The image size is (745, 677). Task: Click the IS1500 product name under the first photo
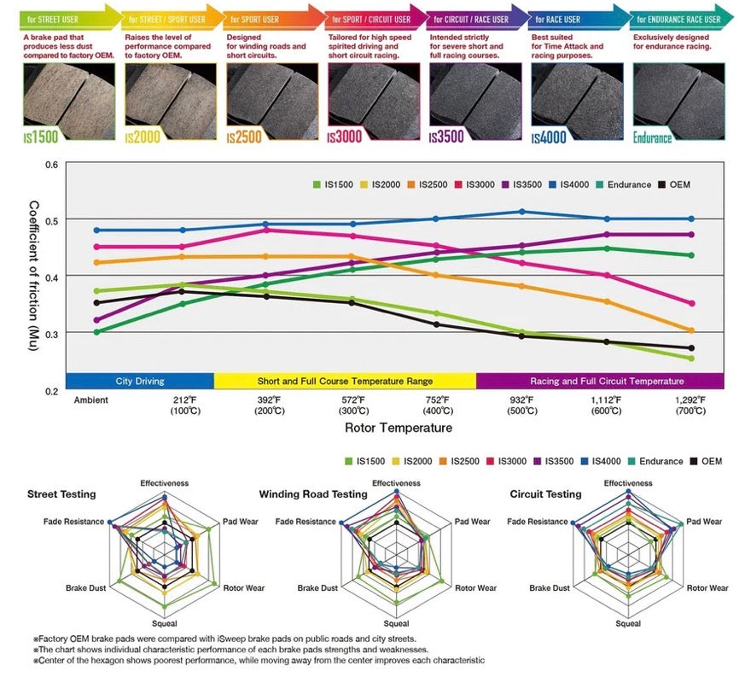point(42,137)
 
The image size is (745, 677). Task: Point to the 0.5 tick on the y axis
point(51,220)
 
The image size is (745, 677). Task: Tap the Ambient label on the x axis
point(91,400)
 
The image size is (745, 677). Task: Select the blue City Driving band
point(140,381)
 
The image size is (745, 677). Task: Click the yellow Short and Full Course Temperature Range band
point(345,381)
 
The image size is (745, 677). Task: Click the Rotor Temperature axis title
point(399,427)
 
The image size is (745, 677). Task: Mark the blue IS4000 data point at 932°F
point(522,212)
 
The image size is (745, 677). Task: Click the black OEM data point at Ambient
point(96,302)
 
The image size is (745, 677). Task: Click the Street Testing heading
point(61,493)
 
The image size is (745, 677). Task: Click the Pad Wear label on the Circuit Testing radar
point(704,522)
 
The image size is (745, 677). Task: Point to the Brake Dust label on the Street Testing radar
point(84,588)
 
